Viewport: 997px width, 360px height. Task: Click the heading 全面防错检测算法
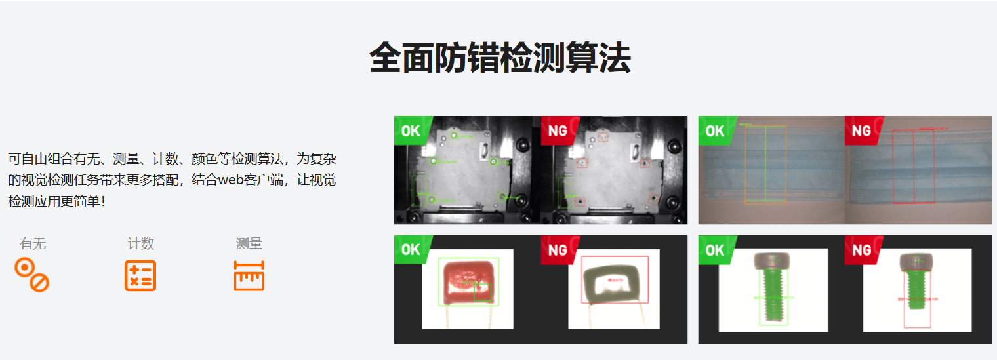(500, 58)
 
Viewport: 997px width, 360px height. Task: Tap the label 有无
(33, 244)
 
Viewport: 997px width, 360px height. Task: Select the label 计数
(141, 244)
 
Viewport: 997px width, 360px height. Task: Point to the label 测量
(249, 244)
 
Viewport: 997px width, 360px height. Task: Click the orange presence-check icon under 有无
(32, 275)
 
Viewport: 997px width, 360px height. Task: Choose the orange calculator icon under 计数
(140, 275)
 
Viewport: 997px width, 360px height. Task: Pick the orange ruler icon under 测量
(249, 275)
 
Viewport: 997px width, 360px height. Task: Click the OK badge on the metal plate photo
(411, 130)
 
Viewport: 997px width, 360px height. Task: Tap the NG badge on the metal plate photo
(558, 130)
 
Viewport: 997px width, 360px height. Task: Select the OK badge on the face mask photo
(715, 130)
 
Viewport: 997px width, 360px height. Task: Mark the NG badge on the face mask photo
(861, 130)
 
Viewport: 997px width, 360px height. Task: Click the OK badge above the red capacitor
(411, 250)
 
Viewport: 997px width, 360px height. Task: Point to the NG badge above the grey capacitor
(558, 250)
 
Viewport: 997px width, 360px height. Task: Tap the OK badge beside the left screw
(715, 250)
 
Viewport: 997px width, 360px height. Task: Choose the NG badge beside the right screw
(861, 250)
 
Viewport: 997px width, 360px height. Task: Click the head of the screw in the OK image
(776, 261)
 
